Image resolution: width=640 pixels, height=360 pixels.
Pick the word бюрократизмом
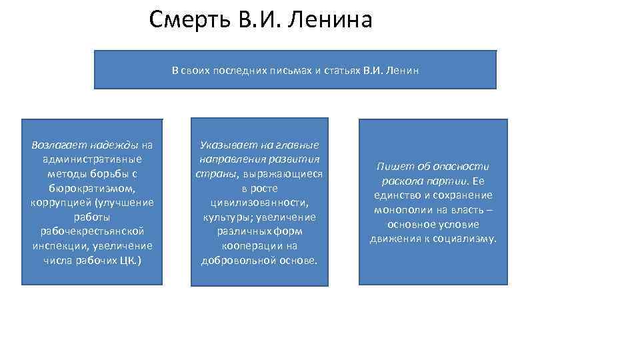(92, 188)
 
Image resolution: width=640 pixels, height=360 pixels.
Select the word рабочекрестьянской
(92, 231)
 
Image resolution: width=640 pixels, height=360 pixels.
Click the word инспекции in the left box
(55, 246)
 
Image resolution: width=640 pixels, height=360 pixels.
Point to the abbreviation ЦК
(129, 261)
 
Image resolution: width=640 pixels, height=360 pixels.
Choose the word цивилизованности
(259, 203)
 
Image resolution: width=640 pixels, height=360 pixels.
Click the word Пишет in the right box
(392, 167)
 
